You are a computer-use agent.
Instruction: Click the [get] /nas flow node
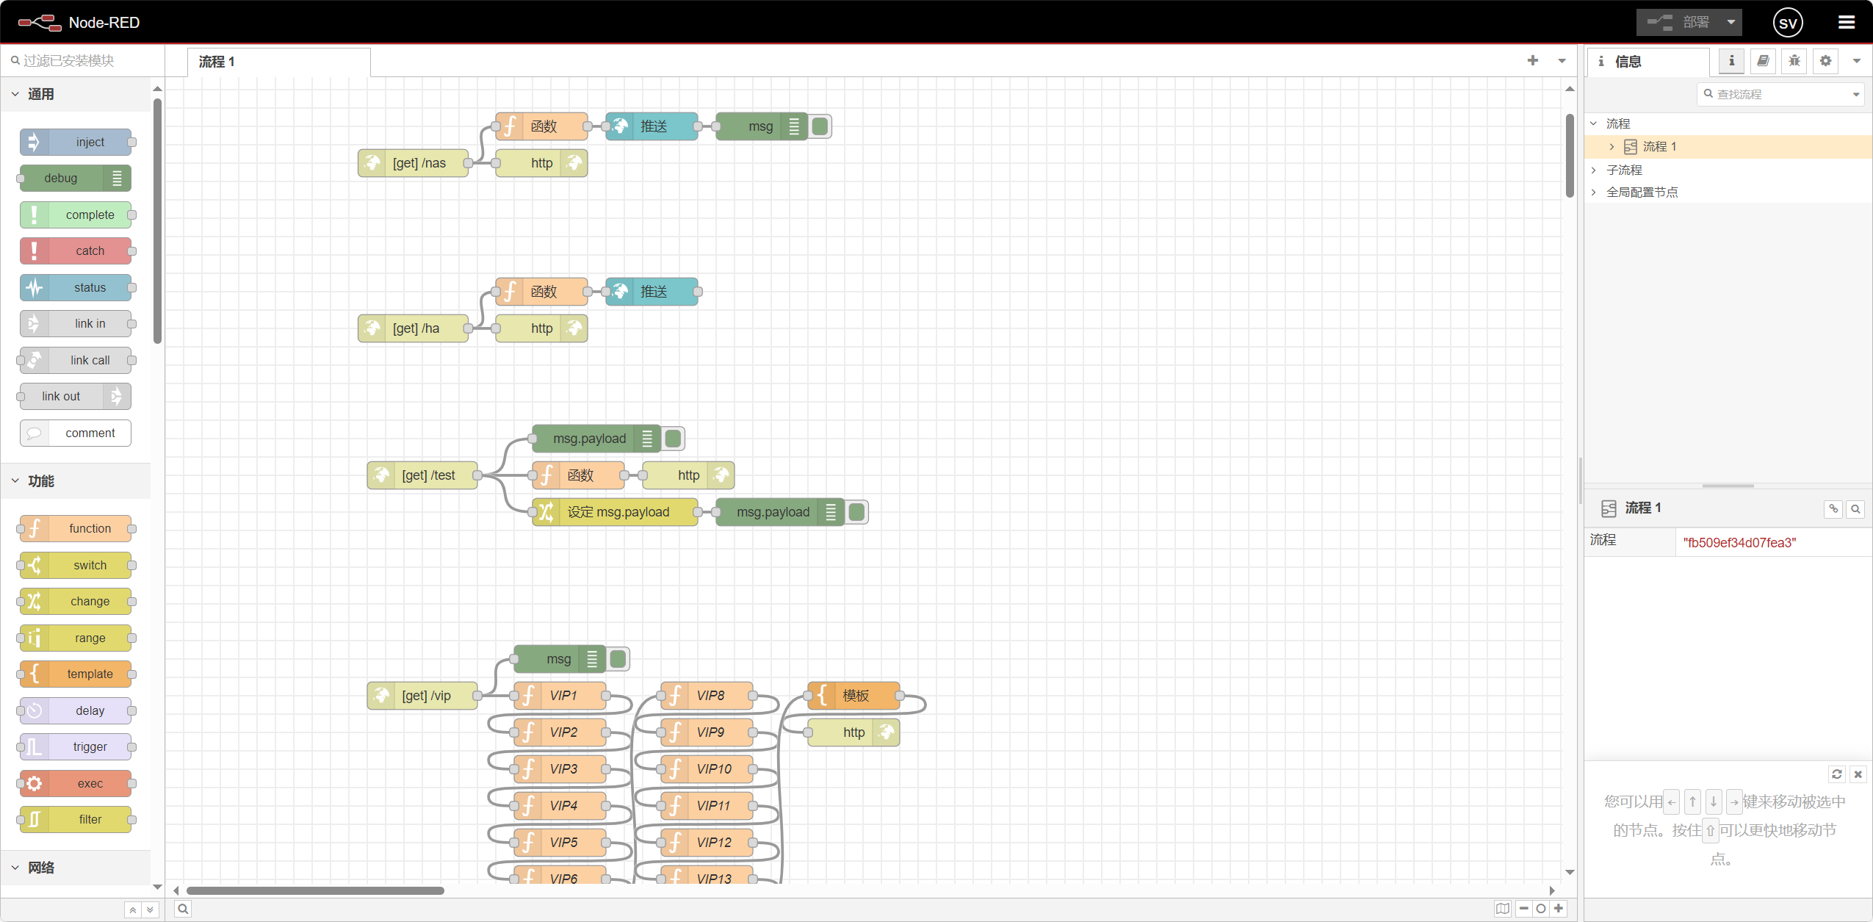point(414,163)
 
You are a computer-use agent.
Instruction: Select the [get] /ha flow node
point(414,328)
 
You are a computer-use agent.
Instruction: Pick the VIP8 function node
point(708,696)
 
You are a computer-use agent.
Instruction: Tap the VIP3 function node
point(561,769)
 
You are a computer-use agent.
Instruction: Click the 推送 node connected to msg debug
point(652,126)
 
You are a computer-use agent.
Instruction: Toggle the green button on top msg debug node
point(820,126)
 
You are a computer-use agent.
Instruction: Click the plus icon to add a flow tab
point(1532,61)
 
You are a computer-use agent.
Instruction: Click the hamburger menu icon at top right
point(1847,22)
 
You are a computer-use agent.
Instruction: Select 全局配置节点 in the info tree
point(1642,192)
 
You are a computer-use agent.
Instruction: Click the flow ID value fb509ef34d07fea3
point(1739,543)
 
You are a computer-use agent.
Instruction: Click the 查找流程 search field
point(1778,94)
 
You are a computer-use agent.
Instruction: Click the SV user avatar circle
point(1787,23)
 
